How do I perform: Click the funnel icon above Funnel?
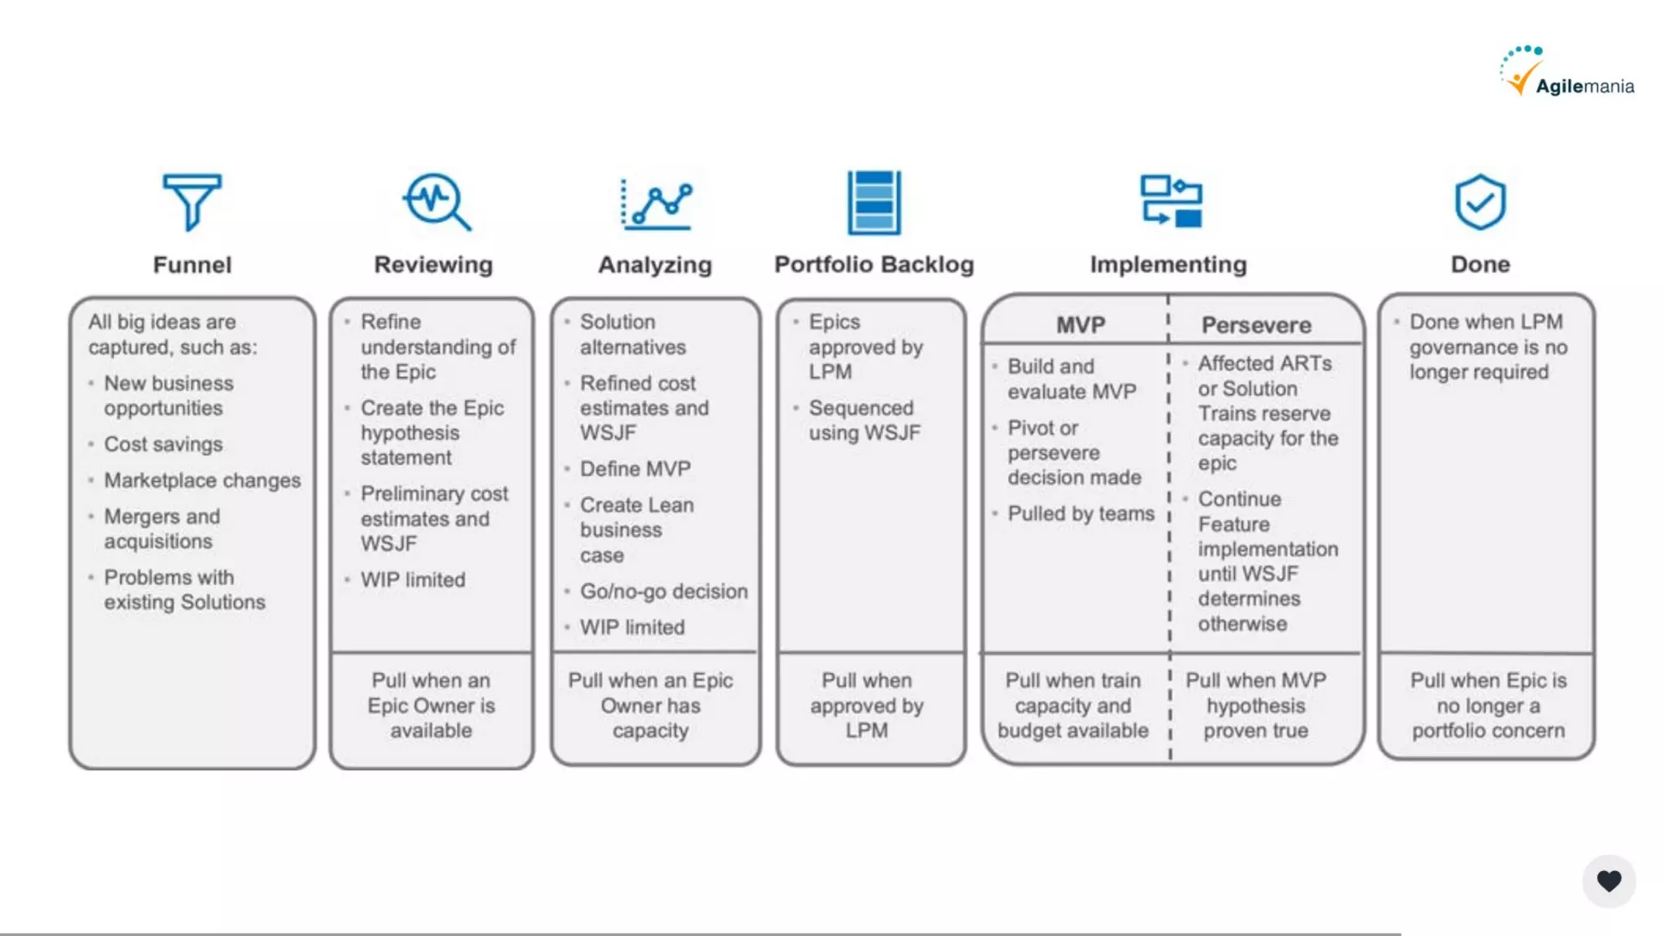[192, 201]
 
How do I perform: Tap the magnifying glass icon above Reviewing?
[436, 201]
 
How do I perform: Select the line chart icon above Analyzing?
[656, 203]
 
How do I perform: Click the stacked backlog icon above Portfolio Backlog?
[873, 202]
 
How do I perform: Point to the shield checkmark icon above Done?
[1480, 201]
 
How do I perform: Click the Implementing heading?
[1168, 265]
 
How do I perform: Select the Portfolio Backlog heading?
[873, 265]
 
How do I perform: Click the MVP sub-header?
[1080, 325]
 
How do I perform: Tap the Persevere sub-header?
[1256, 325]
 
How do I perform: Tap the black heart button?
[1608, 881]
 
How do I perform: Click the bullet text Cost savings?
[163, 444]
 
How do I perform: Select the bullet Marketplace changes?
[202, 480]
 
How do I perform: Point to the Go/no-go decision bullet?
[663, 591]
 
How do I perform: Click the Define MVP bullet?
[635, 469]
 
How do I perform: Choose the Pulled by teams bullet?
[1081, 513]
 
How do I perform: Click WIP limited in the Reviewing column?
[413, 580]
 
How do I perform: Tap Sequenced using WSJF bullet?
[864, 420]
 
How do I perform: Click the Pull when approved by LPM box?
[866, 705]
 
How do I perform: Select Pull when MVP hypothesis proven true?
[1255, 705]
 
